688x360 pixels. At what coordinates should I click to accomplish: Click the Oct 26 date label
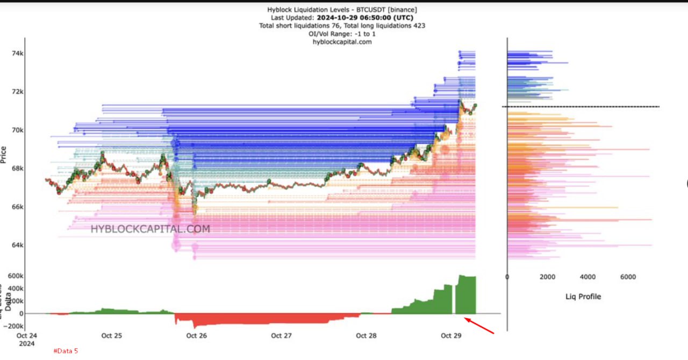tap(196, 336)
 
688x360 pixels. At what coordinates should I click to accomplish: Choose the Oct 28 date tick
tap(366, 336)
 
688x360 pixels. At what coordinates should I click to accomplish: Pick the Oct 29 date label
tap(451, 336)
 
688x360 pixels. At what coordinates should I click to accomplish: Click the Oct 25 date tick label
tap(111, 336)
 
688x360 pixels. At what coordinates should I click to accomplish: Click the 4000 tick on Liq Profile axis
tap(587, 277)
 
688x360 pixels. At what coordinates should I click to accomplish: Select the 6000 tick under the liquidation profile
tap(628, 277)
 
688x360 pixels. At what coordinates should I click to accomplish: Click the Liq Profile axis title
tap(583, 297)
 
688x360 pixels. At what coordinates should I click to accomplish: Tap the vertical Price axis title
tap(4, 155)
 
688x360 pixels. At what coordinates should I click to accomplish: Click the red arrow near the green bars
tap(479, 326)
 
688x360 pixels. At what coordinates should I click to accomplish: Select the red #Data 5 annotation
tap(66, 351)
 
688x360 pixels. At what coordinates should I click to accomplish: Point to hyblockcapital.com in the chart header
tap(342, 42)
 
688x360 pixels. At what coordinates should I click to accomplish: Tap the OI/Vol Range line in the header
tap(342, 34)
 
